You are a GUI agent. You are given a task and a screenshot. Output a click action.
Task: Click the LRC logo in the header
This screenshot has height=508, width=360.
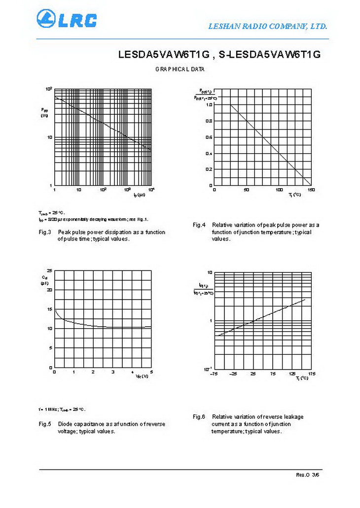click(67, 19)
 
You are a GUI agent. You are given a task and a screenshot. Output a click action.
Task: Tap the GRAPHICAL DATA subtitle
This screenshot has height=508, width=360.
click(180, 69)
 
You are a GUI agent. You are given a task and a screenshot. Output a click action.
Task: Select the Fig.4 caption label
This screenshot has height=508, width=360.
click(199, 225)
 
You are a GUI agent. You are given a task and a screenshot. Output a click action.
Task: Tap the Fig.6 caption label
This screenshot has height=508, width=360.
click(199, 417)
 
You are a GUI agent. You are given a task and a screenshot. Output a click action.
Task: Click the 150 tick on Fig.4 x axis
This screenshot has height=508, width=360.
click(311, 190)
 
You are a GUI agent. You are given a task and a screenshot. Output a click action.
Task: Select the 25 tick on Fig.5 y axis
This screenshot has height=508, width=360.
click(49, 271)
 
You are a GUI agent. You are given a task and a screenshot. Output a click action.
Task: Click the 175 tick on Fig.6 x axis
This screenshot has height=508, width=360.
click(311, 374)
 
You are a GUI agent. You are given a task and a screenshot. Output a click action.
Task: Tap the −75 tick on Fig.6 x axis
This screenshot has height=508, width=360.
click(214, 374)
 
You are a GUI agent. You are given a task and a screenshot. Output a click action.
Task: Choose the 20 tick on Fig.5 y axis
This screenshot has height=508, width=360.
click(49, 290)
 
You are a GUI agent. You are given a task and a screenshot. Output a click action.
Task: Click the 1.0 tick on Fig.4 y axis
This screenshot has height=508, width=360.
click(209, 105)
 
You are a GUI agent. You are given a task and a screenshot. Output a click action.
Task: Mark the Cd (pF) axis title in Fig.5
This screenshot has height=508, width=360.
click(44, 280)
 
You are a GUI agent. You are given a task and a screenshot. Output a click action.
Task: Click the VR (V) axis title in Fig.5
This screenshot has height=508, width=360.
click(142, 376)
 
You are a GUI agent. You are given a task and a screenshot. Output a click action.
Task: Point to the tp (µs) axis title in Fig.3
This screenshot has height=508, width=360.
click(139, 195)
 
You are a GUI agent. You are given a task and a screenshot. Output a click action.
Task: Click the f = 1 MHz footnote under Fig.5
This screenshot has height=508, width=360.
click(62, 409)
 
